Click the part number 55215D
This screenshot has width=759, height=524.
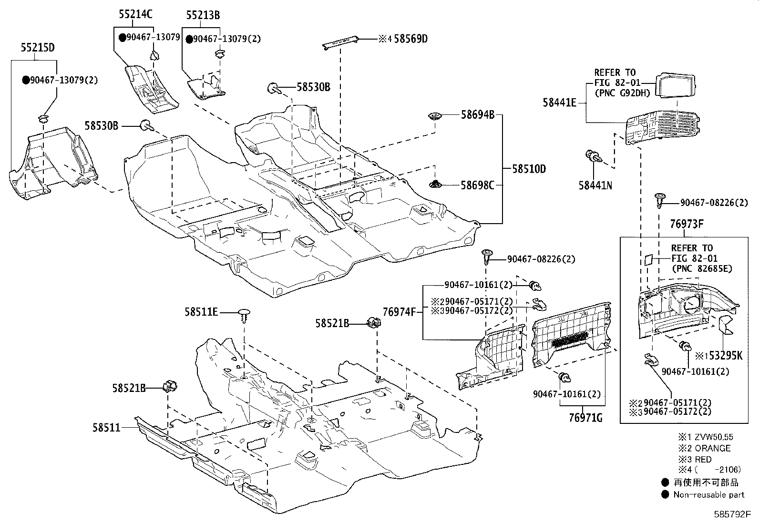[37, 48]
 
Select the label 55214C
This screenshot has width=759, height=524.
[135, 14]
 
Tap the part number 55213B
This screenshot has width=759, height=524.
[203, 15]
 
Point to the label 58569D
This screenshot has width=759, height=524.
[410, 39]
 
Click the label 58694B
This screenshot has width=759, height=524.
[477, 114]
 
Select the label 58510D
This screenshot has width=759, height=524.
[529, 169]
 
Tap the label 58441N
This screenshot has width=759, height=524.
[595, 185]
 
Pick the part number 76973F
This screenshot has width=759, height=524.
[684, 225]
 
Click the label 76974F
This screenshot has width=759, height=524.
[400, 312]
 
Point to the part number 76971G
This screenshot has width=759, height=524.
[585, 418]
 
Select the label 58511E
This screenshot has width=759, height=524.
[201, 312]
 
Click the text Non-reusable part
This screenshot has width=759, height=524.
[709, 494]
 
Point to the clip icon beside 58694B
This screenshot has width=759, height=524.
[436, 115]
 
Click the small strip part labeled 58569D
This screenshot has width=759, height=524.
[341, 42]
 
